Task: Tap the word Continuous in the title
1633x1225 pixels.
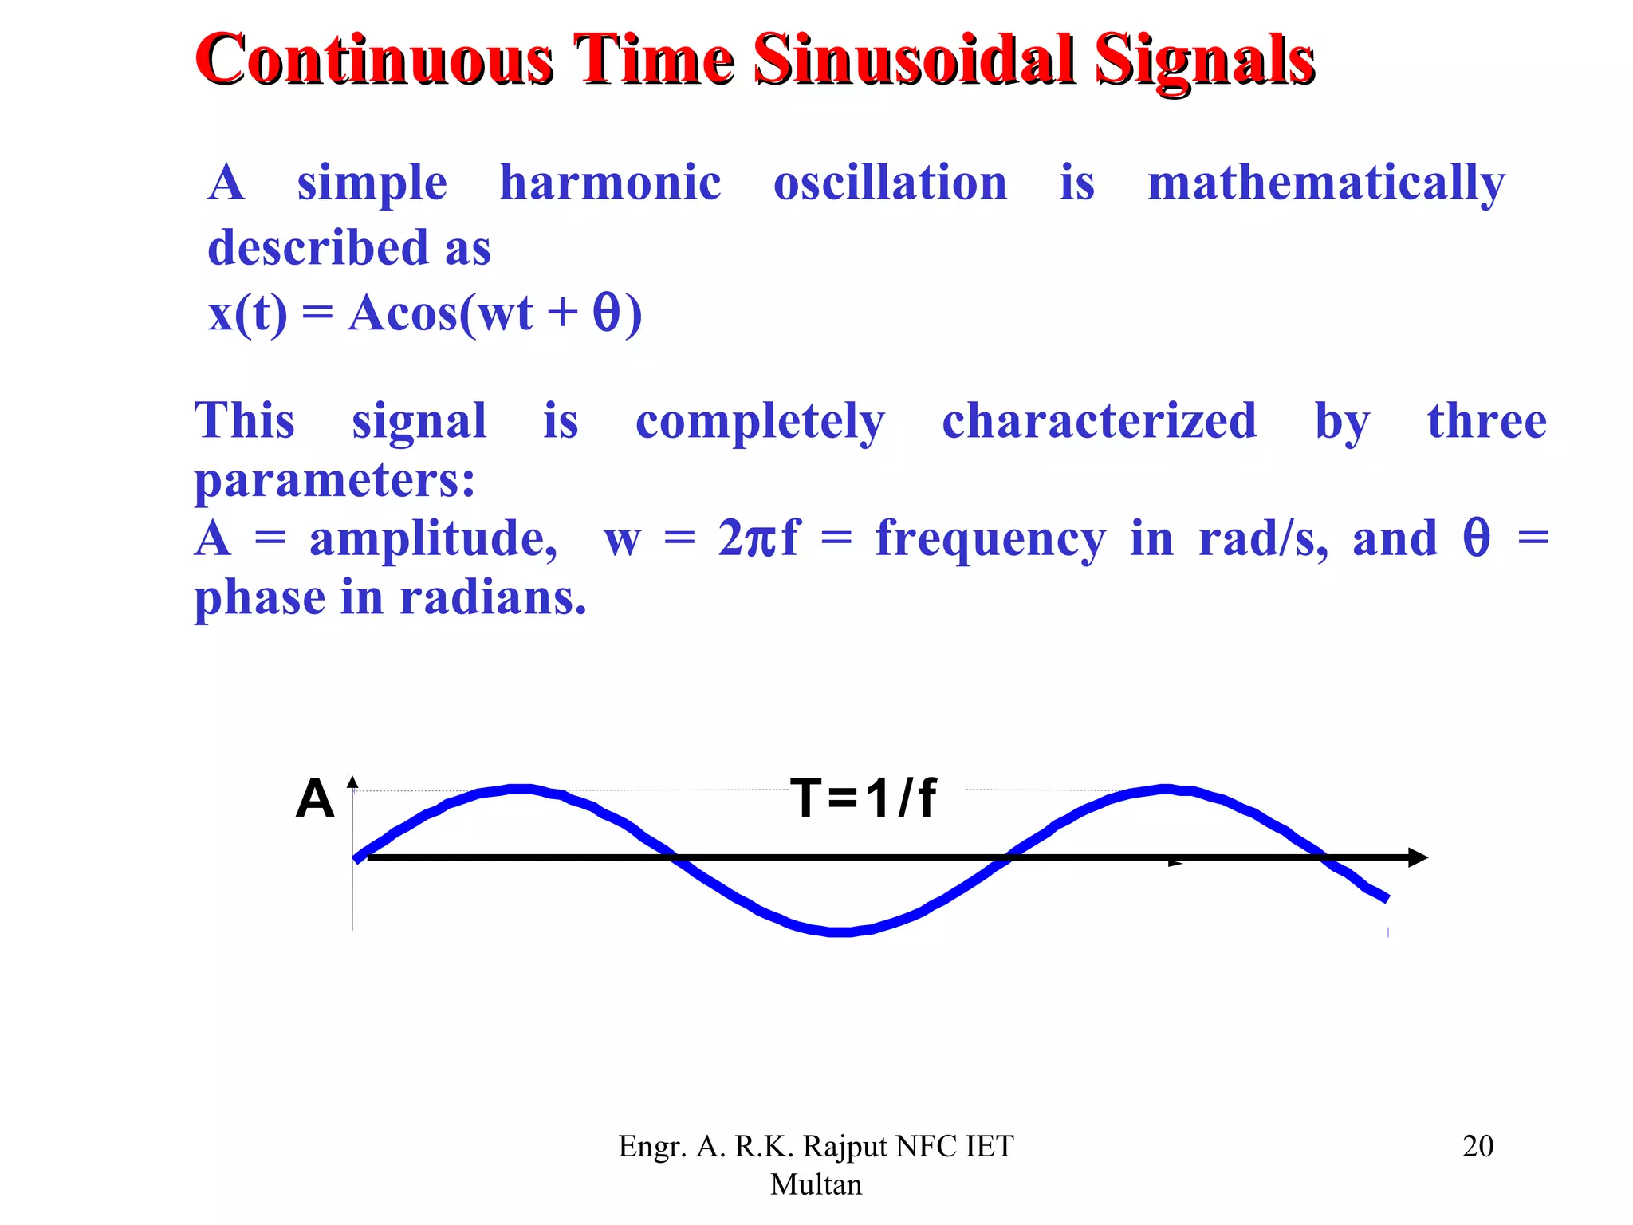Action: coord(374,60)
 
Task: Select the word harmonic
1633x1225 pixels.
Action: coord(610,183)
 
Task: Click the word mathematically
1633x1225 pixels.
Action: coord(1325,184)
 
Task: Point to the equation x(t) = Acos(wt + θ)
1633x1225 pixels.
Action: coord(425,313)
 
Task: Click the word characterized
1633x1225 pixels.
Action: coord(1099,421)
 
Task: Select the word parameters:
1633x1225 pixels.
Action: coord(335,481)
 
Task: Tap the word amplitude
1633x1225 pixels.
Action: coord(433,539)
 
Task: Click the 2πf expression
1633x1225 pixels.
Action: coord(757,538)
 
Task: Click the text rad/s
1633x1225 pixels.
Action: coord(1263,539)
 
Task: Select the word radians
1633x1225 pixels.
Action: coord(492,598)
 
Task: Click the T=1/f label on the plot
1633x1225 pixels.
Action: coord(864,798)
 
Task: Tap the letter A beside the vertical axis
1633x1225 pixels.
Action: coord(315,798)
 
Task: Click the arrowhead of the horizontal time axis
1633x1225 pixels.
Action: coord(1418,857)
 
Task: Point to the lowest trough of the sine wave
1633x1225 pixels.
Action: coord(841,931)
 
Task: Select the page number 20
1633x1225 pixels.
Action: coord(1478,1146)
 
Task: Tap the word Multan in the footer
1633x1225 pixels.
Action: coord(816,1184)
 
